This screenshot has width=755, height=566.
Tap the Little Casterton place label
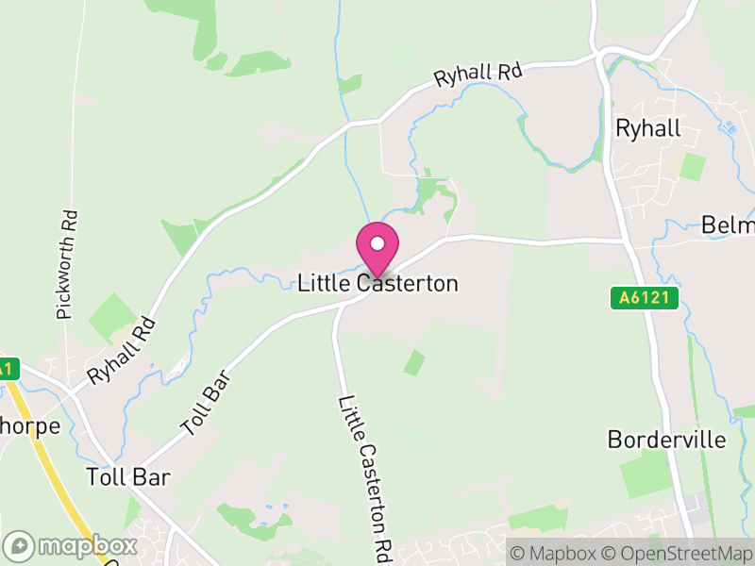pyautogui.click(x=377, y=283)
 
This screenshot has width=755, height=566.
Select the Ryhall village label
pyautogui.click(x=647, y=128)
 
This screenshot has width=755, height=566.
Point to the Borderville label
pyautogui.click(x=666, y=440)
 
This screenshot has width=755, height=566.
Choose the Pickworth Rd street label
pyautogui.click(x=65, y=264)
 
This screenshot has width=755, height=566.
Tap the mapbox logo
pyautogui.click(x=72, y=545)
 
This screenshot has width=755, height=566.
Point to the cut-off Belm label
pyautogui.click(x=728, y=225)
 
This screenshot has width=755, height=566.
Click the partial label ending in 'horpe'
pyautogui.click(x=29, y=425)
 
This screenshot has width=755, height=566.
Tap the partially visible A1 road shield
pyautogui.click(x=8, y=369)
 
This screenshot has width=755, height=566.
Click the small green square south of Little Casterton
pyautogui.click(x=414, y=362)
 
